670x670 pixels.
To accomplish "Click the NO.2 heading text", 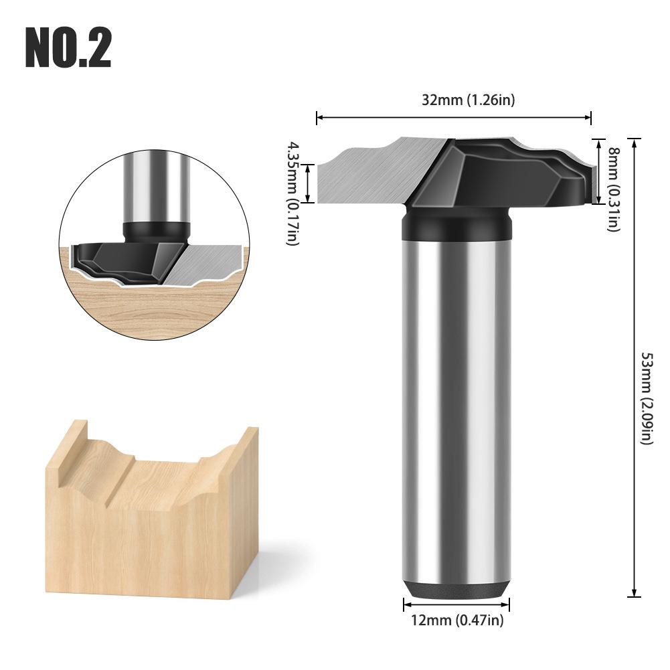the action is pos(68,48).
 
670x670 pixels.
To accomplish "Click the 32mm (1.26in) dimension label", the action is pos(469,100).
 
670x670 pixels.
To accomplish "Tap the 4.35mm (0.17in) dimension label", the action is pos(292,193).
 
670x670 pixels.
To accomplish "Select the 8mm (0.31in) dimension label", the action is pos(614,189).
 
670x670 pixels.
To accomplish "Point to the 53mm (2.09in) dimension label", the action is pos(647,398).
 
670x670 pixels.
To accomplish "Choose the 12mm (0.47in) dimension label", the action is pos(457,620).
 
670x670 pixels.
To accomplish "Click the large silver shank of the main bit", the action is pos(456,411).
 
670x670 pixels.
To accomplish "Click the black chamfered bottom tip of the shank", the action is pos(456,590).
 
